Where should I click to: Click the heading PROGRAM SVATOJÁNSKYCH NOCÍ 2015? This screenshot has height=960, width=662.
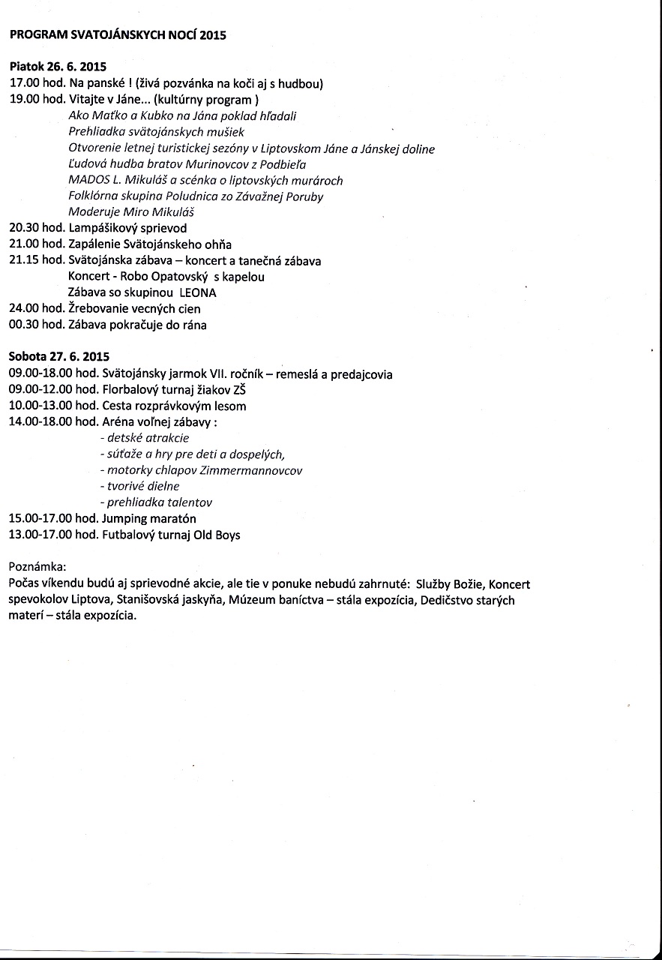pos(118,34)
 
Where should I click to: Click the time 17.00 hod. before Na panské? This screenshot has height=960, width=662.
pos(37,84)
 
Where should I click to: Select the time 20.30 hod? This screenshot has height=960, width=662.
pos(37,228)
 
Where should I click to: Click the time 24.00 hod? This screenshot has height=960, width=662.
pos(37,309)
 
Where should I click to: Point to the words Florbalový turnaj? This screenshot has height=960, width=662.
pos(150,390)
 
